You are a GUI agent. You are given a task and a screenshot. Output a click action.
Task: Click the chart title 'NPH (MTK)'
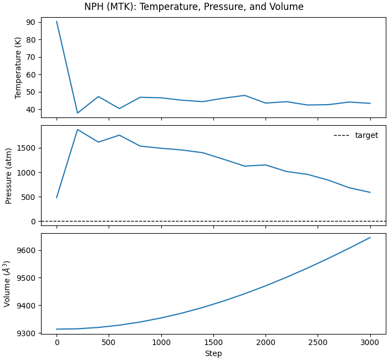click(193, 7)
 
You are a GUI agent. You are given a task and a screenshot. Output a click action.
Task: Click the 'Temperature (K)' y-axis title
click(18, 68)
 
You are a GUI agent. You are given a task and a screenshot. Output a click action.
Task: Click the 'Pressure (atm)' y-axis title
click(9, 176)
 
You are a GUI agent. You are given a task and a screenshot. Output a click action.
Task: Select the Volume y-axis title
click(8, 283)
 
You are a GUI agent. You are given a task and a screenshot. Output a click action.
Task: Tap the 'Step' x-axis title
click(213, 353)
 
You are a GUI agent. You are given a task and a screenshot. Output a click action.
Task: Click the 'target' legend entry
click(366, 135)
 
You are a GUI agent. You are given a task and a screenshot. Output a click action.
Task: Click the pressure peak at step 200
click(78, 130)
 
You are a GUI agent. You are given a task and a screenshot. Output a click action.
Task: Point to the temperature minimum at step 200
click(78, 113)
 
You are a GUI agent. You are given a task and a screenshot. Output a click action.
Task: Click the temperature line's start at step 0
click(57, 22)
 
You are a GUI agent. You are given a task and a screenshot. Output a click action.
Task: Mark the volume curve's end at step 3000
click(370, 238)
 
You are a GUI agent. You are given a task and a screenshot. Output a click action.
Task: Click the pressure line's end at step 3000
click(370, 192)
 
